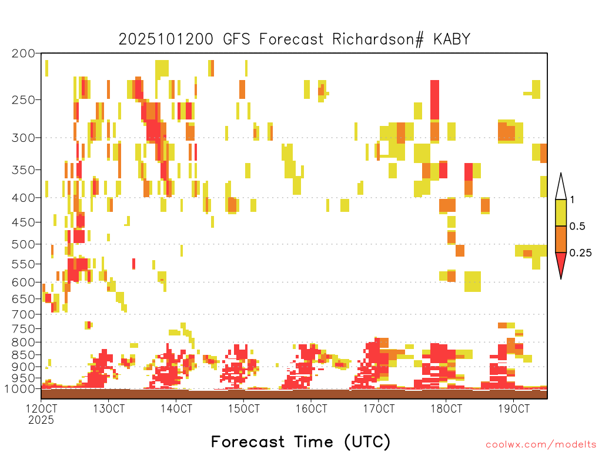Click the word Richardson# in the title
(378, 39)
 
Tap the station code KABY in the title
(452, 39)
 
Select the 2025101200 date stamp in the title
(166, 39)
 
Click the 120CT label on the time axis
(41, 408)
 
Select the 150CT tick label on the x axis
(243, 408)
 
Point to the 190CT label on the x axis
(514, 408)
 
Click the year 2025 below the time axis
(41, 420)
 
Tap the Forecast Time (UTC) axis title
(300, 442)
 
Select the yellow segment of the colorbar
(561, 213)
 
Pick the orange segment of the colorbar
(561, 240)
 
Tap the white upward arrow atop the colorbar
(561, 187)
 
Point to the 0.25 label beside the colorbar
(580, 253)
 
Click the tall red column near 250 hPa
(434, 100)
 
